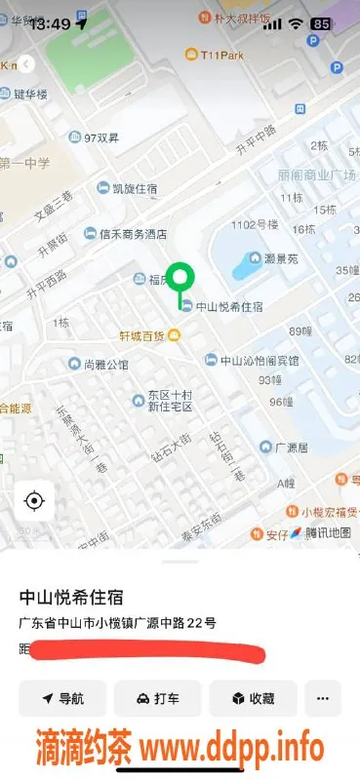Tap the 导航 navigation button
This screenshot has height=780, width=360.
click(61, 699)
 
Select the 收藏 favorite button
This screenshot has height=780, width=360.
click(253, 699)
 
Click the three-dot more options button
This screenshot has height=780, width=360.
click(323, 699)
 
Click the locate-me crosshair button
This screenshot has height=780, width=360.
click(34, 501)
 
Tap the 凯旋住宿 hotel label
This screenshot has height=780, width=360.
click(127, 187)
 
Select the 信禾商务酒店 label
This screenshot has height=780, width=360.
click(133, 234)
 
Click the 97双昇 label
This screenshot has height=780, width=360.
click(100, 137)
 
